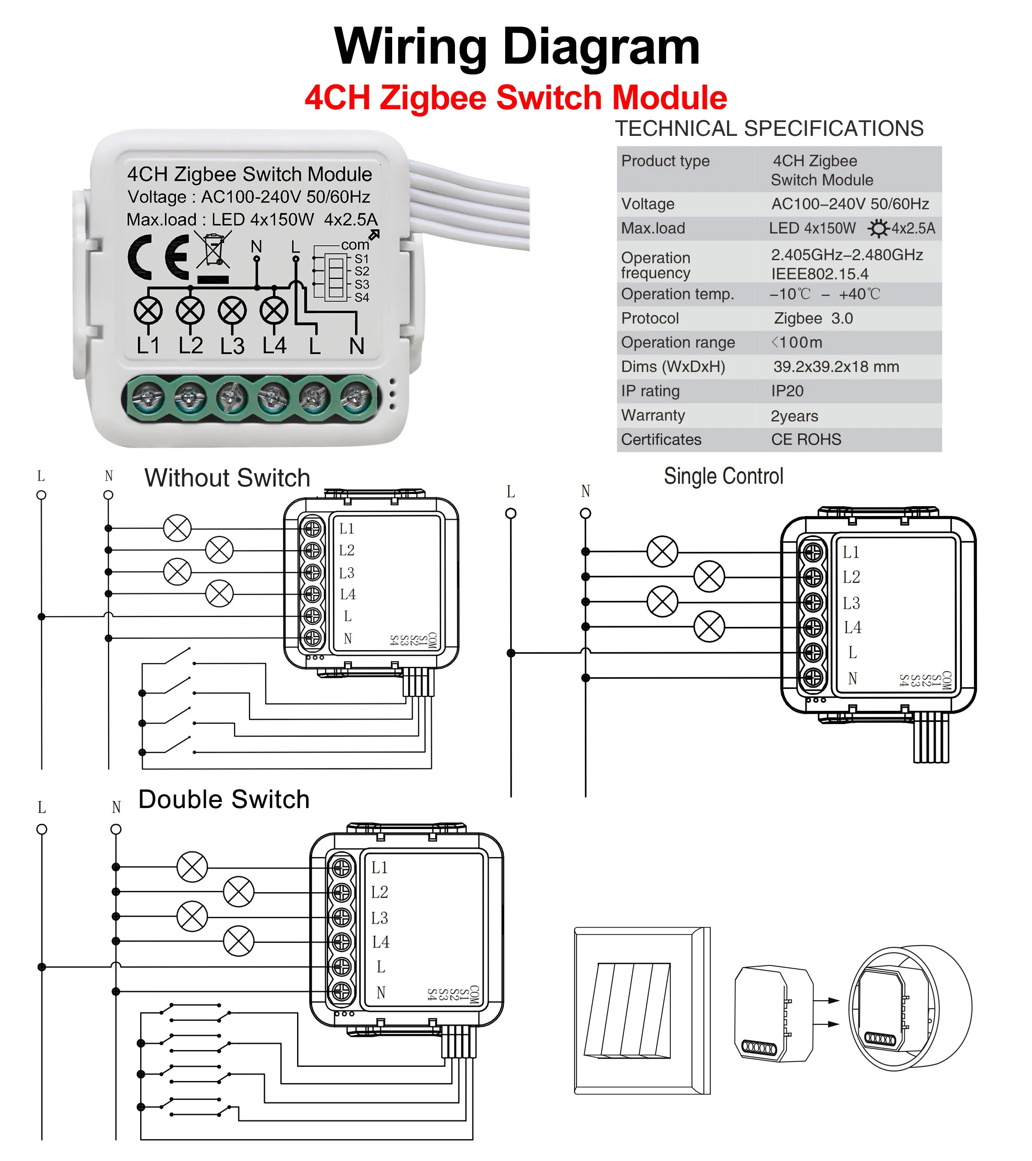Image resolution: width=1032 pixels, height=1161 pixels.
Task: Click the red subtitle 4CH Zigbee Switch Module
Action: [515, 98]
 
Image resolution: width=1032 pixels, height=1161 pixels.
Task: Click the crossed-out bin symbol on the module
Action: [213, 250]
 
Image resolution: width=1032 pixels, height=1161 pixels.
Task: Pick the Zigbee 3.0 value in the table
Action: [813, 318]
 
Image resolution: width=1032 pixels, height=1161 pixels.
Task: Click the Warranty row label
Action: [653, 415]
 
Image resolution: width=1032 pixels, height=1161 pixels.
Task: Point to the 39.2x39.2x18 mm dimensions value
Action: [835, 366]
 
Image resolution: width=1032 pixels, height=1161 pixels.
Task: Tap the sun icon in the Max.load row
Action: [878, 228]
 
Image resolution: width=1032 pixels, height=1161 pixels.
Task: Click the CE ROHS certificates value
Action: [805, 439]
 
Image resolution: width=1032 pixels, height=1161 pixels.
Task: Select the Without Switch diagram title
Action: [227, 478]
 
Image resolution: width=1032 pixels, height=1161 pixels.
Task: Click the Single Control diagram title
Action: [723, 476]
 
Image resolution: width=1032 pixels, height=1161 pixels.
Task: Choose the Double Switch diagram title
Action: [224, 799]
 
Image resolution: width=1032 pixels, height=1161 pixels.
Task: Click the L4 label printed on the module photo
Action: [274, 345]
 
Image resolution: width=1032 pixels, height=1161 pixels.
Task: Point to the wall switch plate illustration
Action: [642, 1010]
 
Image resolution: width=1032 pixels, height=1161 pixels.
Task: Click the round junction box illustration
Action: [909, 1009]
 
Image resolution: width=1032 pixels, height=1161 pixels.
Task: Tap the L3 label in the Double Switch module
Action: [379, 918]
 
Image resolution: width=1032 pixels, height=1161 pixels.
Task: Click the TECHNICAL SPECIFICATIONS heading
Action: [769, 129]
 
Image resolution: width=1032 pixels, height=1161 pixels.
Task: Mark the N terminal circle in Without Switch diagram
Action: [108, 495]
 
